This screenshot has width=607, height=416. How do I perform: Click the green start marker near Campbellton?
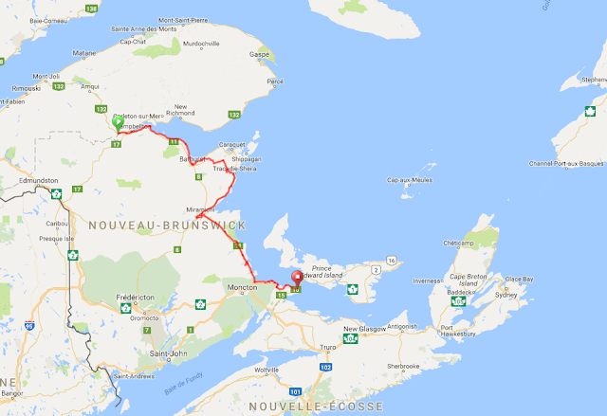coord(117,123)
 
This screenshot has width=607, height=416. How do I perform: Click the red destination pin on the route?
coord(296,279)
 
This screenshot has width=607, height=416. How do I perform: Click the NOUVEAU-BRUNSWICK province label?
coord(167,226)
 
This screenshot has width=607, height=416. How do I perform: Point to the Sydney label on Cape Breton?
coord(506,295)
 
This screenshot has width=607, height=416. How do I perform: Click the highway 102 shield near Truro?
coord(325,367)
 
